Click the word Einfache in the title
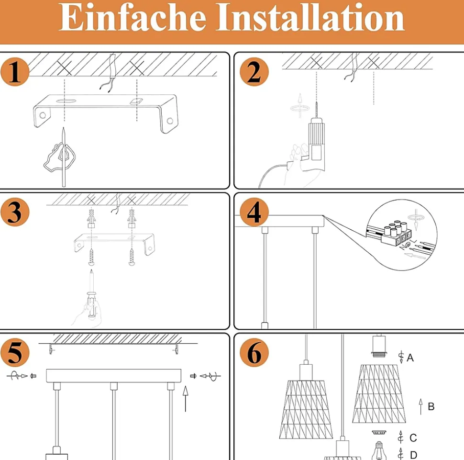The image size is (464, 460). point(133,17)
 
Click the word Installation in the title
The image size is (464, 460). point(310,17)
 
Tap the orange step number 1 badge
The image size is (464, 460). point(15,72)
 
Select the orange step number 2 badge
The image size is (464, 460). point(254,72)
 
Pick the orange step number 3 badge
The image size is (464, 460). point(15,212)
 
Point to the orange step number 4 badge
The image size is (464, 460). point(254,212)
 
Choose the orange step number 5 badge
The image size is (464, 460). point(15,352)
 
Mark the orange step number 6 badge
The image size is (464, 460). point(254,352)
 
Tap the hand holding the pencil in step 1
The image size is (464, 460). point(60,157)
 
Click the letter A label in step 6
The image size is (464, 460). point(410,358)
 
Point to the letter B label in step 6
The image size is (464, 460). point(431,406)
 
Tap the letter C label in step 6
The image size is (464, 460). point(413,438)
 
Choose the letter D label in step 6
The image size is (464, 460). point(413,455)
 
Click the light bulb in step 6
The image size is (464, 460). point(379,451)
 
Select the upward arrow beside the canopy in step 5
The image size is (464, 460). point(186,399)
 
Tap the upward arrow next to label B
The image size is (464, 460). point(421,406)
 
